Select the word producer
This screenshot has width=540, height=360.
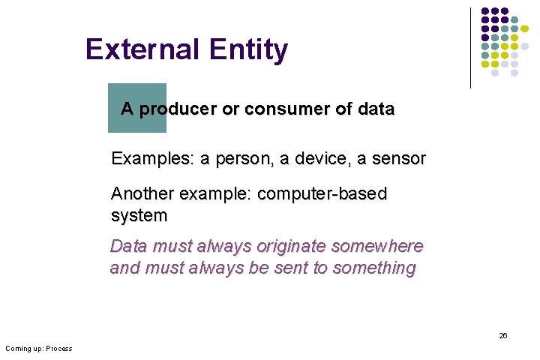(x=177, y=109)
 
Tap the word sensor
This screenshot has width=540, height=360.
(x=400, y=159)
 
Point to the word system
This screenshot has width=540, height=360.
(x=139, y=216)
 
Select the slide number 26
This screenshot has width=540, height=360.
(x=503, y=335)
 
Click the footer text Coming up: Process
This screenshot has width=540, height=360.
(x=38, y=348)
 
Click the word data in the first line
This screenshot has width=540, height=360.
(x=376, y=109)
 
